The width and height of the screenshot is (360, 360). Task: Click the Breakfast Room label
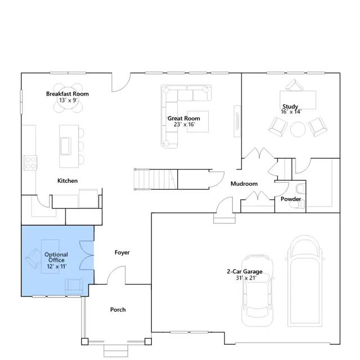click(67, 94)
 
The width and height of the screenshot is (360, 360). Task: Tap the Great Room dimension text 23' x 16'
click(184, 124)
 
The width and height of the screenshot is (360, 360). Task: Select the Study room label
click(290, 106)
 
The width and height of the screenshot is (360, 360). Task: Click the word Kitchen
click(67, 181)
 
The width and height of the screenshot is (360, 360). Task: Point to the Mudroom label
click(244, 184)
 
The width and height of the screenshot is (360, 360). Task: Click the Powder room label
click(291, 199)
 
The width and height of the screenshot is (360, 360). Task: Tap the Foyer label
click(122, 253)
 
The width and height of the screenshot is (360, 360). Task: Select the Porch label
click(118, 309)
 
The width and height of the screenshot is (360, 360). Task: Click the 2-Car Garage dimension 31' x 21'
click(246, 278)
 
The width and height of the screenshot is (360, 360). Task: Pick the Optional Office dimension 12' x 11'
click(57, 266)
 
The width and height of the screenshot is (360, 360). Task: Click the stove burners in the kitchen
click(30, 163)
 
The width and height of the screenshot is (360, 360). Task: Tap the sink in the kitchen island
click(65, 146)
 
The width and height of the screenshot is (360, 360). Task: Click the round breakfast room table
click(68, 98)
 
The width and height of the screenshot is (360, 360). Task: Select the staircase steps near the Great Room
click(156, 179)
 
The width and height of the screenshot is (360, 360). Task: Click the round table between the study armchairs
click(298, 129)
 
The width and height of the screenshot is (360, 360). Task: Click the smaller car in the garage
click(258, 290)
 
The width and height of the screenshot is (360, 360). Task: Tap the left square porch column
click(85, 341)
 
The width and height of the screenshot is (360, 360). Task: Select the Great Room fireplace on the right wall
click(237, 121)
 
